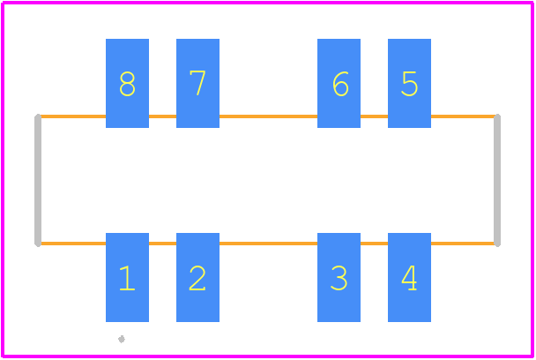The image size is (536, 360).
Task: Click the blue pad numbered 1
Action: coord(127,277)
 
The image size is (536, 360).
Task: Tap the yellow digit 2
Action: coord(197,278)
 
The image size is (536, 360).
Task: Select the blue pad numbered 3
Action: coord(339,277)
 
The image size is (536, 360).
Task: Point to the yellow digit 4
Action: coord(409,278)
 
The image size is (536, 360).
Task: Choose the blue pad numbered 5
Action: coord(409,83)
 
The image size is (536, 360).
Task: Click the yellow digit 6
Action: coord(340,84)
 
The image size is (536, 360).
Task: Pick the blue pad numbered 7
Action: coord(197,83)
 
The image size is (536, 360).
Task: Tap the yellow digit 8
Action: coord(127,84)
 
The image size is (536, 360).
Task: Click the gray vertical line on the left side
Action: coord(38,180)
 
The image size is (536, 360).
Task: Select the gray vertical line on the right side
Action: coord(497,180)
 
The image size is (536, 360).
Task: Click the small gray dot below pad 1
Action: coord(122,339)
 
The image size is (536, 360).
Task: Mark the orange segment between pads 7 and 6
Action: coord(268,116)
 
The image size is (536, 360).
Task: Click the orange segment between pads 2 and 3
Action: coord(268,244)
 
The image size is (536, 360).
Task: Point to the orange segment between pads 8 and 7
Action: coord(162,116)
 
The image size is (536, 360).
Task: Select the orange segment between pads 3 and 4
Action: coord(374,244)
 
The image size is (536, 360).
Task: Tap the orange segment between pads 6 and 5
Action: coord(374,116)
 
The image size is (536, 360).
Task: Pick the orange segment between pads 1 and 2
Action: coord(162,244)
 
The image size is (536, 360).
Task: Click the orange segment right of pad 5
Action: coord(463,116)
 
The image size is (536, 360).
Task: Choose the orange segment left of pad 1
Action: coord(73,244)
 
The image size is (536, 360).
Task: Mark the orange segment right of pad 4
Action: coord(463,244)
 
